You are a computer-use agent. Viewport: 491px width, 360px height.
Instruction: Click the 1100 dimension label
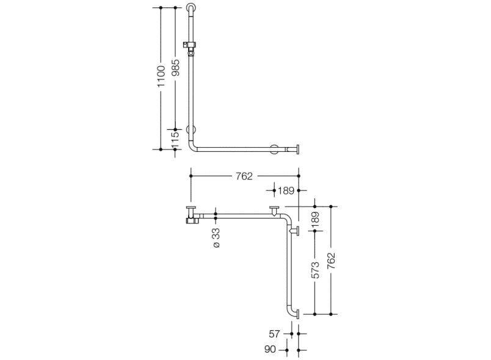pyautogui.click(x=161, y=76)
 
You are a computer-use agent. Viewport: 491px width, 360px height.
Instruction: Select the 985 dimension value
pyautogui.click(x=176, y=68)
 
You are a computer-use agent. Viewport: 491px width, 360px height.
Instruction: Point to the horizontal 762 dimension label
pyautogui.click(x=244, y=176)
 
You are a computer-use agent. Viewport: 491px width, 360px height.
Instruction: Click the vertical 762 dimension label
pyautogui.click(x=331, y=261)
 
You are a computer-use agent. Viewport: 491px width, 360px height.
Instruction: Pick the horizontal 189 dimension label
pyautogui.click(x=286, y=190)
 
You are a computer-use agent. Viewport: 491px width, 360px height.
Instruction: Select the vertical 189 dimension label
pyautogui.click(x=315, y=219)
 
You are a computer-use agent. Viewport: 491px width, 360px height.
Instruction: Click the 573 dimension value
pyautogui.click(x=315, y=270)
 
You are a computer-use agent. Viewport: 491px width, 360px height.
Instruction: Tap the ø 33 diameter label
pyautogui.click(x=216, y=238)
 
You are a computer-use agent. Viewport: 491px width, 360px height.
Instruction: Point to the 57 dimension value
pyautogui.click(x=274, y=334)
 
